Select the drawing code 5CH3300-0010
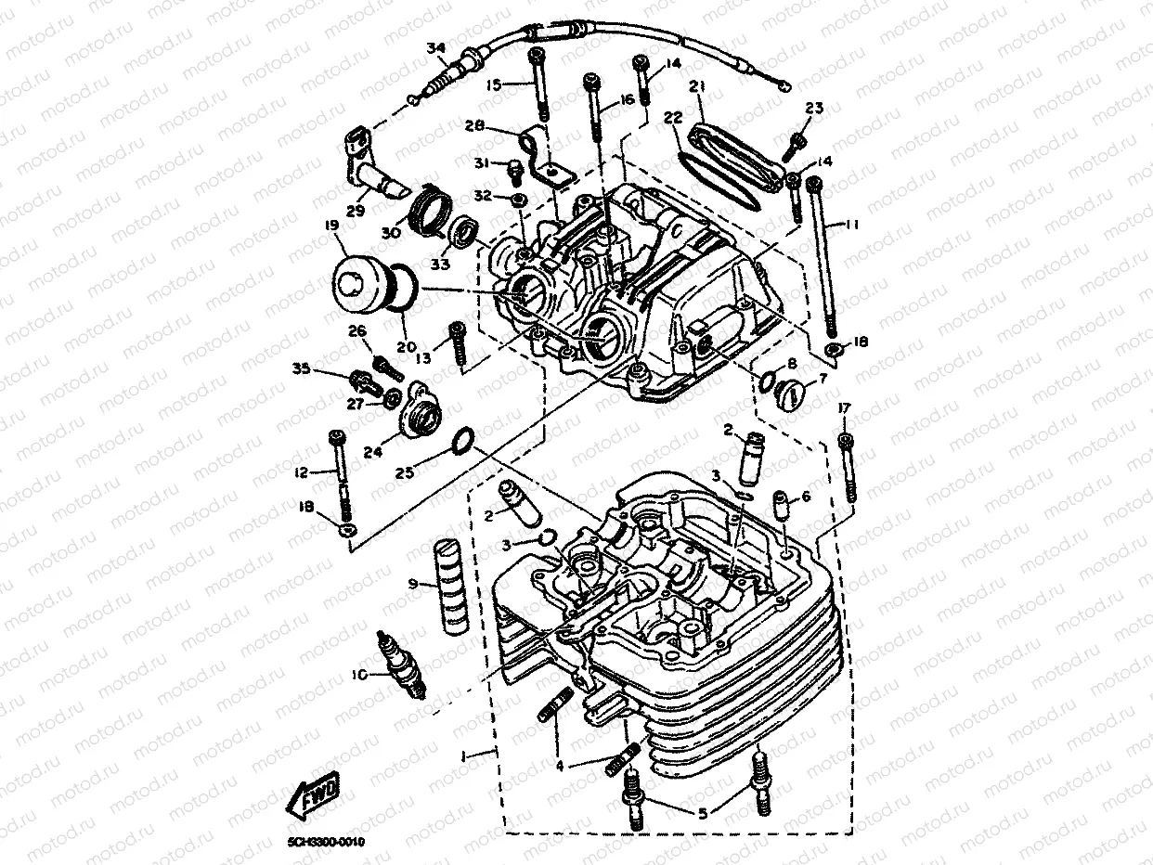click(x=326, y=842)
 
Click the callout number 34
click(x=435, y=48)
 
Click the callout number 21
click(x=697, y=87)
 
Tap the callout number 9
click(x=412, y=584)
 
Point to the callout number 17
click(x=843, y=408)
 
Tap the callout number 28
click(x=475, y=125)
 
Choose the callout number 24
click(x=373, y=452)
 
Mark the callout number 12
click(x=301, y=472)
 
